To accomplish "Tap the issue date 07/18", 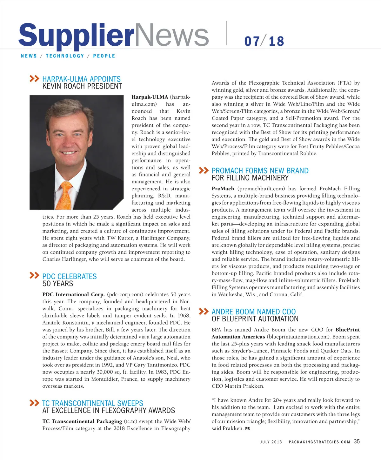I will pos(264,41).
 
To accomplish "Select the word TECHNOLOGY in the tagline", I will pos(65,56).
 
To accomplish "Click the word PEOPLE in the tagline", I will pos(104,56).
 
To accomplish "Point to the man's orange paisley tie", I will pos(66,195).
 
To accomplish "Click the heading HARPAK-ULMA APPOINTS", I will pos(81,79).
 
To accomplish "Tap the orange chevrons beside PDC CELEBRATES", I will pos(34,275).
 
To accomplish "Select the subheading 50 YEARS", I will pos(58,284).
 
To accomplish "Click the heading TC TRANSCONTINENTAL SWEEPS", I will pos(92,403).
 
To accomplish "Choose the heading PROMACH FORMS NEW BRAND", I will pos(260,171).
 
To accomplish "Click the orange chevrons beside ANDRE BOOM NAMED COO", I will pos(204,311).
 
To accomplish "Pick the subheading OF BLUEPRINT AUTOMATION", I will pos(255,319).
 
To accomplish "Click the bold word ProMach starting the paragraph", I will pos(223,188).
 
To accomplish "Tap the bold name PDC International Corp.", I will pos(73,294).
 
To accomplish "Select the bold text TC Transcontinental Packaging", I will pos(82,421).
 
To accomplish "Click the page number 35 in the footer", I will pos(357,441).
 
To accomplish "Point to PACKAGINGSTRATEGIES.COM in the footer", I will pos(319,442).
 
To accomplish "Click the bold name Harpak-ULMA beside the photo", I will pos(150,97).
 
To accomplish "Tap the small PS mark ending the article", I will pos(248,429).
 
